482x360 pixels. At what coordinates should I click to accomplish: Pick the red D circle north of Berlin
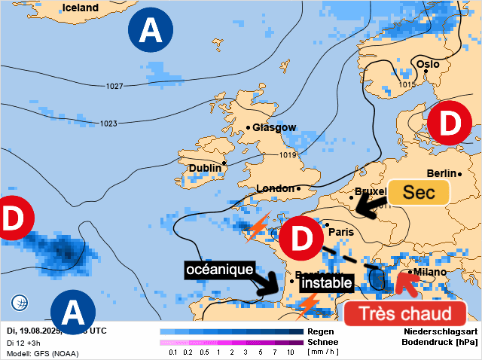coord(450,123)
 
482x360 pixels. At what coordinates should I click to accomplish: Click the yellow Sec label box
coord(419,192)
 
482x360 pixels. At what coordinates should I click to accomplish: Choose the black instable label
coord(326,283)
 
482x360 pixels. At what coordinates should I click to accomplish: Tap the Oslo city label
coord(428,65)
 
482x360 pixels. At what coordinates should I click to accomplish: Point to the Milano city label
coord(429,272)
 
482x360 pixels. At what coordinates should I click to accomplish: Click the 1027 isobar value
coord(114,87)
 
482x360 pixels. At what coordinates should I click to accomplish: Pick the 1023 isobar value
coord(108,124)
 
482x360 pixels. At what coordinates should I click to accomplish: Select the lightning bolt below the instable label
coord(307,303)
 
